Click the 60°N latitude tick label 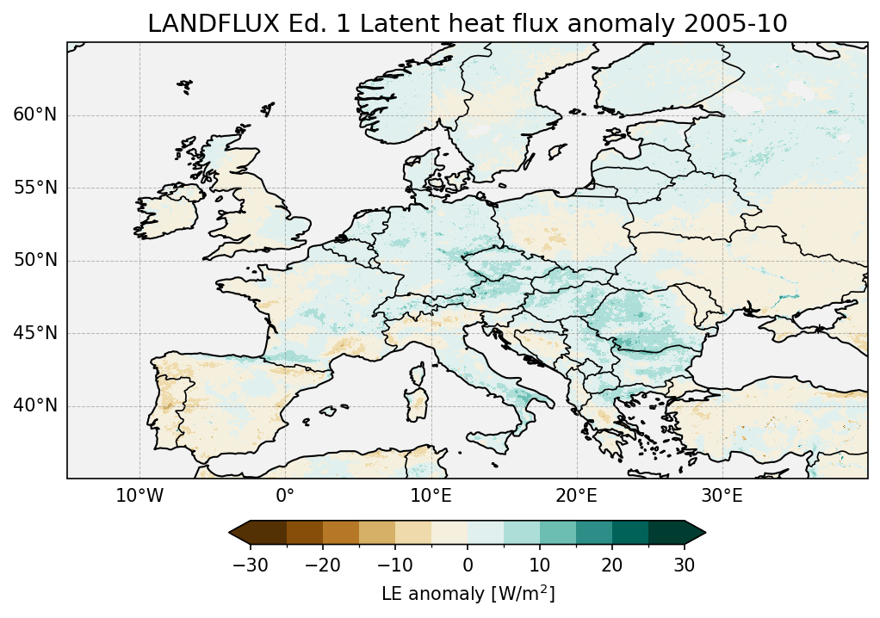34,115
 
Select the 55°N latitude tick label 34,188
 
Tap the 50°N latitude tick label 34,261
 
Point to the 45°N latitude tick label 34,333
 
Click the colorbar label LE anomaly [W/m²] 468,594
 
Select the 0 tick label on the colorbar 468,565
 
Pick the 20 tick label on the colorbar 612,565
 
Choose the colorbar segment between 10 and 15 558,533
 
